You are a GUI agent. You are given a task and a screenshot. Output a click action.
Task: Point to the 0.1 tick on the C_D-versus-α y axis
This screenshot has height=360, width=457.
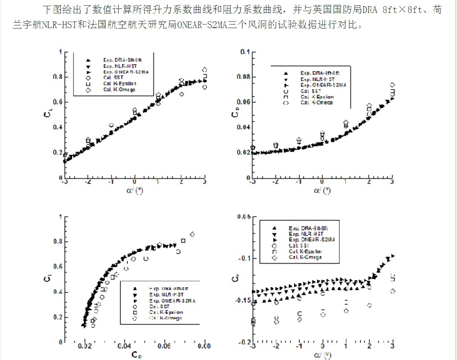pyautogui.click(x=245, y=52)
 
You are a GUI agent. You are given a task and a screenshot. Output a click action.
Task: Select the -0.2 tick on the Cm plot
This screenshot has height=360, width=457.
pyautogui.click(x=245, y=342)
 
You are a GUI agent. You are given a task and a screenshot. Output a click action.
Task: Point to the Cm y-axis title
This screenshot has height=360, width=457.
pyautogui.click(x=235, y=280)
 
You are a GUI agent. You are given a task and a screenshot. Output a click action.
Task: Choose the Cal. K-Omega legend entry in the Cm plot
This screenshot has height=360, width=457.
pyautogui.click(x=305, y=257)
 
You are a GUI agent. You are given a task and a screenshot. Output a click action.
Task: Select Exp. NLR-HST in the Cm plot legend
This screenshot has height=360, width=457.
pyautogui.click(x=305, y=234)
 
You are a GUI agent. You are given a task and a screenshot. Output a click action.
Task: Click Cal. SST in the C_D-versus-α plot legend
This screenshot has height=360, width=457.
pyautogui.click(x=310, y=91)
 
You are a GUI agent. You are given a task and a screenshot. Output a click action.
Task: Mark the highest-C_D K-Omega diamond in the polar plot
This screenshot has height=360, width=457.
pyautogui.click(x=192, y=234)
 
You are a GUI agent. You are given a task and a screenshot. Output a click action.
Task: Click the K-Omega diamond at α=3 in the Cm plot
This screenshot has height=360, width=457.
pyautogui.click(x=393, y=291)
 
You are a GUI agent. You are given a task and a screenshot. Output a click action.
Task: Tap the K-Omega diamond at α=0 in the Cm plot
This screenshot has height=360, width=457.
pyautogui.click(x=323, y=314)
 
